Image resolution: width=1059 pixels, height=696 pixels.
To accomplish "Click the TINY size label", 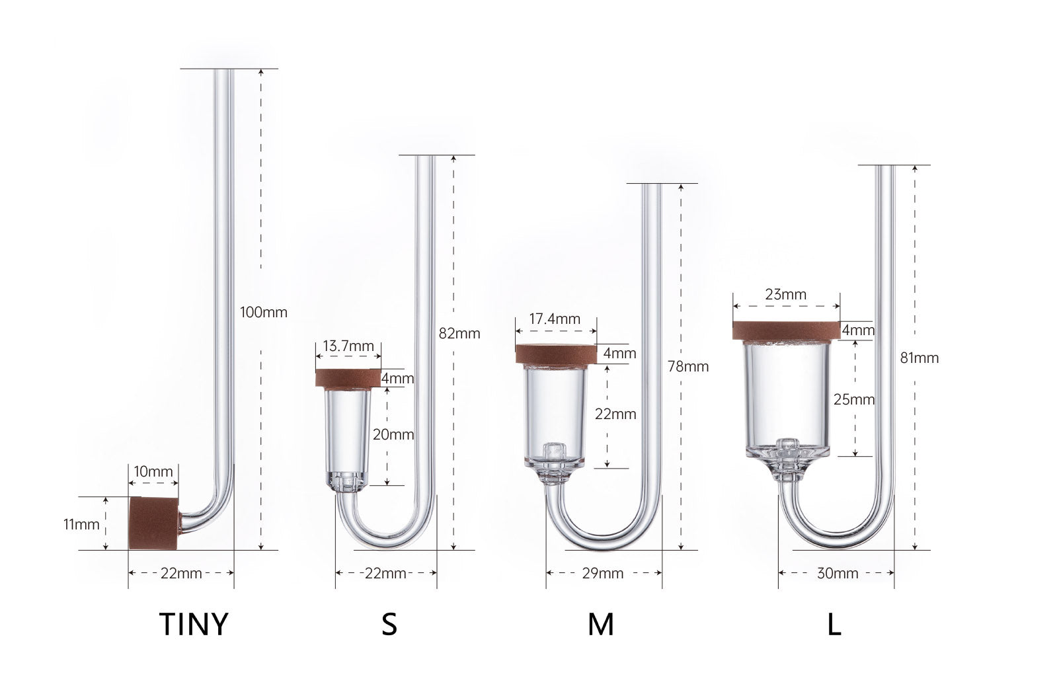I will pyautogui.click(x=194, y=624).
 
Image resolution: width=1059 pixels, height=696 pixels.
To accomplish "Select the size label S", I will pyautogui.click(x=389, y=624).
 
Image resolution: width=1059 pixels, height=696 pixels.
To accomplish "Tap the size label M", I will pyautogui.click(x=600, y=624).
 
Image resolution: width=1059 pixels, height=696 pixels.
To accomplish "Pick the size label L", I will pyautogui.click(x=834, y=624).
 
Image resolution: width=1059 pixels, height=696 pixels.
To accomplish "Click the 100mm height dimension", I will pyautogui.click(x=264, y=312).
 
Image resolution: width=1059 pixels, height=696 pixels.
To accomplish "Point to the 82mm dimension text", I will pyautogui.click(x=459, y=333).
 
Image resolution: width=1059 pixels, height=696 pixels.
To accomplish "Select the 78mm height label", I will pyautogui.click(x=688, y=366).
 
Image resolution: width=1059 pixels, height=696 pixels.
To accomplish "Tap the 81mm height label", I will pyautogui.click(x=919, y=358).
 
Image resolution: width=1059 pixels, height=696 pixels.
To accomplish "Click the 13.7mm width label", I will pyautogui.click(x=348, y=346).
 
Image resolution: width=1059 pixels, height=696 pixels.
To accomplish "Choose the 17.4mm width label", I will pyautogui.click(x=555, y=319).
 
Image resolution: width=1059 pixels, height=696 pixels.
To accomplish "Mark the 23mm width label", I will pyautogui.click(x=785, y=295).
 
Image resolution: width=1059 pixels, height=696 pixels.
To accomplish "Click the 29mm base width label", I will pyautogui.click(x=602, y=573).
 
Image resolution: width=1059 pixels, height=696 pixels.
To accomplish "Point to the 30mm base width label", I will pyautogui.click(x=837, y=573).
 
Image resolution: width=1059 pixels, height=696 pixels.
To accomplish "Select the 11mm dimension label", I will pyautogui.click(x=81, y=525).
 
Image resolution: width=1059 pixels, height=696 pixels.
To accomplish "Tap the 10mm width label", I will pyautogui.click(x=153, y=472).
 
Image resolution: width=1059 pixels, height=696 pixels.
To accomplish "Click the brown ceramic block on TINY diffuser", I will pyautogui.click(x=153, y=523).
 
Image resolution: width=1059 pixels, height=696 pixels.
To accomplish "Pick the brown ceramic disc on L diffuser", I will pyautogui.click(x=785, y=330).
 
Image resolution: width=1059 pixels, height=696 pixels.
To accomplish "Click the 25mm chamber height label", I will pyautogui.click(x=854, y=399).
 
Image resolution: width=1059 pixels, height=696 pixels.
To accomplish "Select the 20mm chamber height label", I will pyautogui.click(x=393, y=434).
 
